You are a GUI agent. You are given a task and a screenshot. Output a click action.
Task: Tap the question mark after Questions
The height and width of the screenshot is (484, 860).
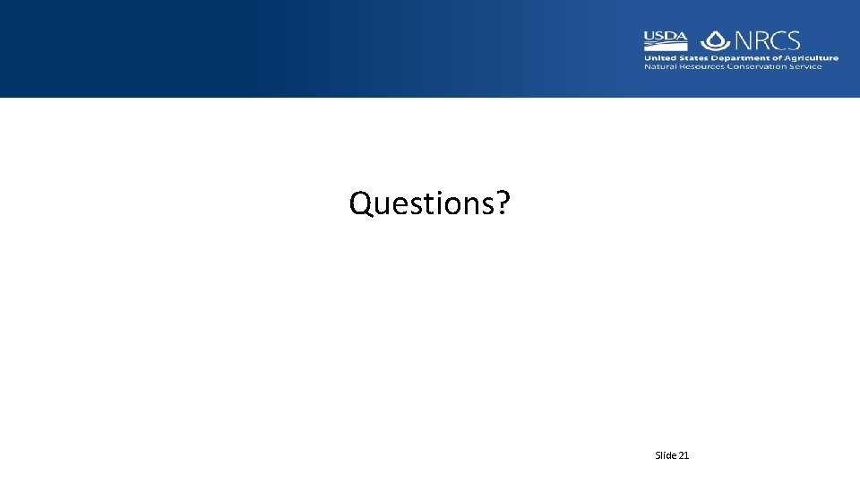coord(503,203)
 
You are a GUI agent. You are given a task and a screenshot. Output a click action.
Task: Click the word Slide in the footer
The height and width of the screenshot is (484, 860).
coord(666,455)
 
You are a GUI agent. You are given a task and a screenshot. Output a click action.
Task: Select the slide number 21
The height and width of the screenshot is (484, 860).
coord(684,455)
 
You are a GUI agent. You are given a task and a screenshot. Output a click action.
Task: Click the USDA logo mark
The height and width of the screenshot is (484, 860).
coord(665,40)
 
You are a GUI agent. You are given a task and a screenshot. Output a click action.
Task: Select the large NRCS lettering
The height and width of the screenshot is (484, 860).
coord(767,40)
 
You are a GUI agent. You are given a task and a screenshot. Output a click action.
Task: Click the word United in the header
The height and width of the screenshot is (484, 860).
coord(658,58)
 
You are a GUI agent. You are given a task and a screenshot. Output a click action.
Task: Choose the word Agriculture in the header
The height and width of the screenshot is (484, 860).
coord(811,58)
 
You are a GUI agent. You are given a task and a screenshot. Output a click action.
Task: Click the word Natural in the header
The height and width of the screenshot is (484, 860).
coord(660,67)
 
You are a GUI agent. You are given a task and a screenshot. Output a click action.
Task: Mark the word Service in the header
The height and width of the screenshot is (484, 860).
coord(805,67)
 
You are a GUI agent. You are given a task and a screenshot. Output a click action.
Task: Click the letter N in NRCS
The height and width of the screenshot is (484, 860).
coord(744,40)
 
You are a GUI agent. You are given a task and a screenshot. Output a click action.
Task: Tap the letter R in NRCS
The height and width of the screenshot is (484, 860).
coord(761,40)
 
